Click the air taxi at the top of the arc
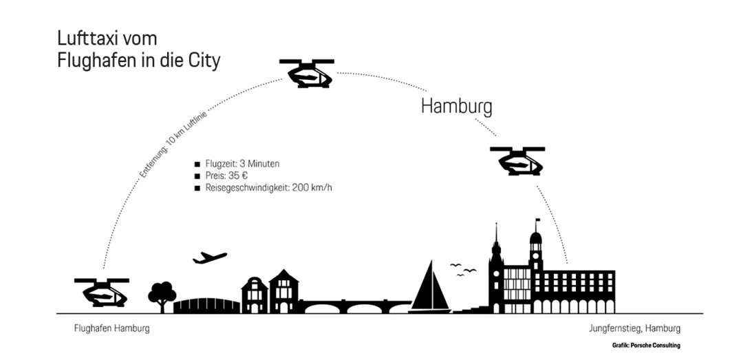[x=307, y=73]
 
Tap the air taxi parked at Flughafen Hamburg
[x=102, y=292]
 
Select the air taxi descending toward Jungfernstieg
[x=517, y=160]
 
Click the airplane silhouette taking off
[x=210, y=258]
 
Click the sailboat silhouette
[x=430, y=289]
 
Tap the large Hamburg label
[x=456, y=107]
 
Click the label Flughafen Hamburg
[x=111, y=328]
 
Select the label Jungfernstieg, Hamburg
[x=634, y=328]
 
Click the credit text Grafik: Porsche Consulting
[x=645, y=345]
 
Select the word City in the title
[x=203, y=61]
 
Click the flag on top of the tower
[x=537, y=221]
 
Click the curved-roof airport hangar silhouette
[x=206, y=306]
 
